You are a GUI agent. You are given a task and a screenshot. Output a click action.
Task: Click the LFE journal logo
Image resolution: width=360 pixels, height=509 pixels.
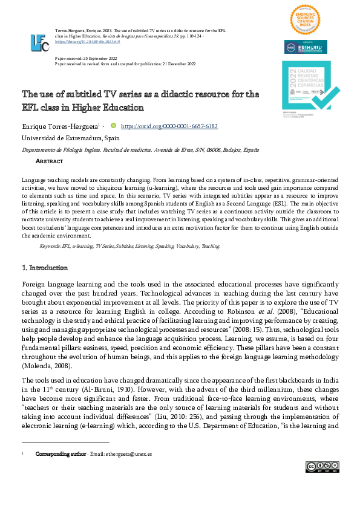39,42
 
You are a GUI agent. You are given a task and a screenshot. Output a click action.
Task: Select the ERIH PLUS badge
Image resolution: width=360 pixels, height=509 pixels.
306,47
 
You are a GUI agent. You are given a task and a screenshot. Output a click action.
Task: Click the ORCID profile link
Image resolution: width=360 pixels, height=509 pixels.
169,127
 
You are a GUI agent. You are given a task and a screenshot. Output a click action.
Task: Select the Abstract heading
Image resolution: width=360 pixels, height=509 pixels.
50,162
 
